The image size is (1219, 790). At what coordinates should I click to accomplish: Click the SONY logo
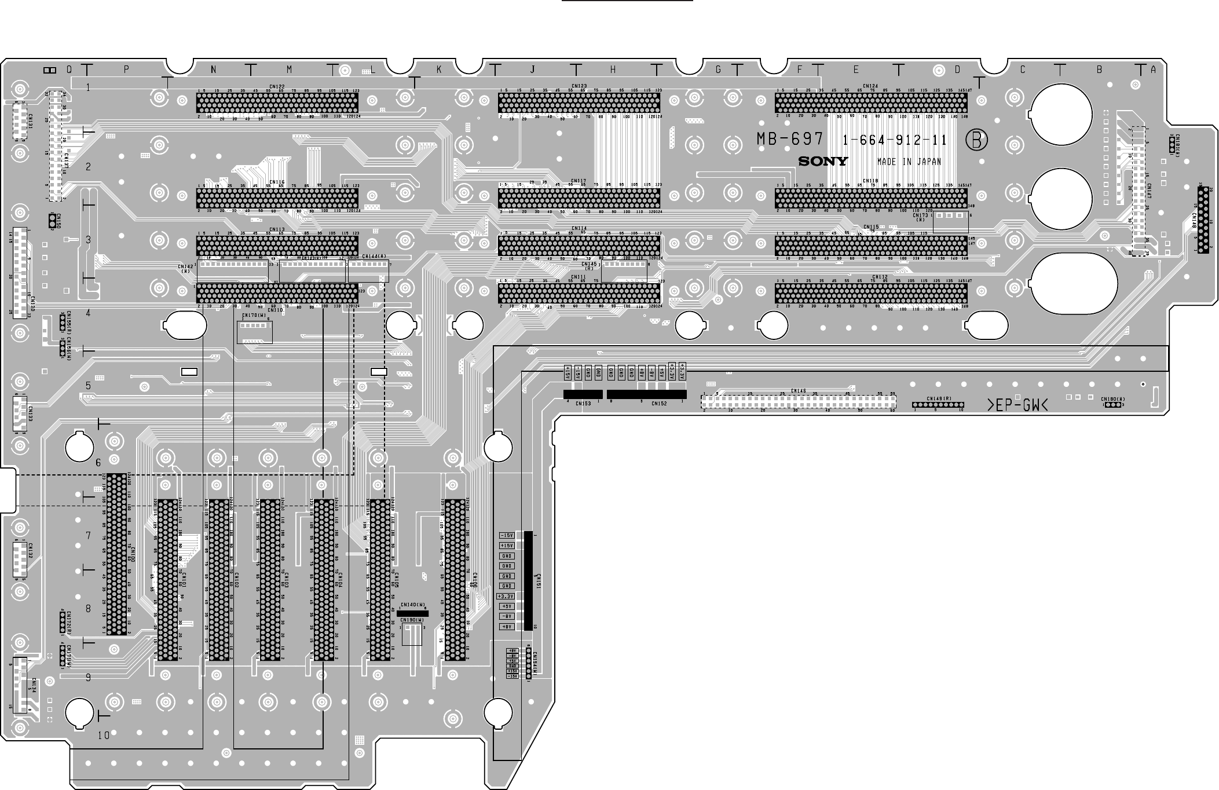pyautogui.click(x=823, y=162)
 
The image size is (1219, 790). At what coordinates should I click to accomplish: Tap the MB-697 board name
pyautogui.click(x=789, y=140)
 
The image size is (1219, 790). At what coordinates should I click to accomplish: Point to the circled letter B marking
pyautogui.click(x=976, y=140)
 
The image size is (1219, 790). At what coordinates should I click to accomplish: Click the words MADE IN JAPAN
pyautogui.click(x=909, y=162)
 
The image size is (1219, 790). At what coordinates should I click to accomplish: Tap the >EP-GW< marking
pyautogui.click(x=1017, y=407)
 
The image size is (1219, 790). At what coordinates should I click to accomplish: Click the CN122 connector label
pyautogui.click(x=277, y=86)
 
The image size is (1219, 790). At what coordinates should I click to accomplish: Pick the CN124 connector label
pyautogui.click(x=870, y=86)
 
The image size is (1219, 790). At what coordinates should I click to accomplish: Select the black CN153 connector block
pyautogui.click(x=583, y=394)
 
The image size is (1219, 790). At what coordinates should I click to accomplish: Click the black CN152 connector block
pyautogui.click(x=646, y=394)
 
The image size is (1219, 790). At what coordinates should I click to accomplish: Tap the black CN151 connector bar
pyautogui.click(x=528, y=580)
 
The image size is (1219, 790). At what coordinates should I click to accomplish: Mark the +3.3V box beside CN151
pyautogui.click(x=507, y=596)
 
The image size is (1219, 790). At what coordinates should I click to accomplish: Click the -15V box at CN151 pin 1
pyautogui.click(x=507, y=535)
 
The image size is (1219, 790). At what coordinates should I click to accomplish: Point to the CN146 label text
pyautogui.click(x=798, y=391)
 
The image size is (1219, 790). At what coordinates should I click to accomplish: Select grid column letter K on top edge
pyautogui.click(x=439, y=70)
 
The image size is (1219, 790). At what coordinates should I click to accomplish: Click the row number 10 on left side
pyautogui.click(x=104, y=736)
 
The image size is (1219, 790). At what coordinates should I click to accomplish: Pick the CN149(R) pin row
pyautogui.click(x=938, y=404)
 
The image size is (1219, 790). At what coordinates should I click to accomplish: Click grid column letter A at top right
pyautogui.click(x=1153, y=70)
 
